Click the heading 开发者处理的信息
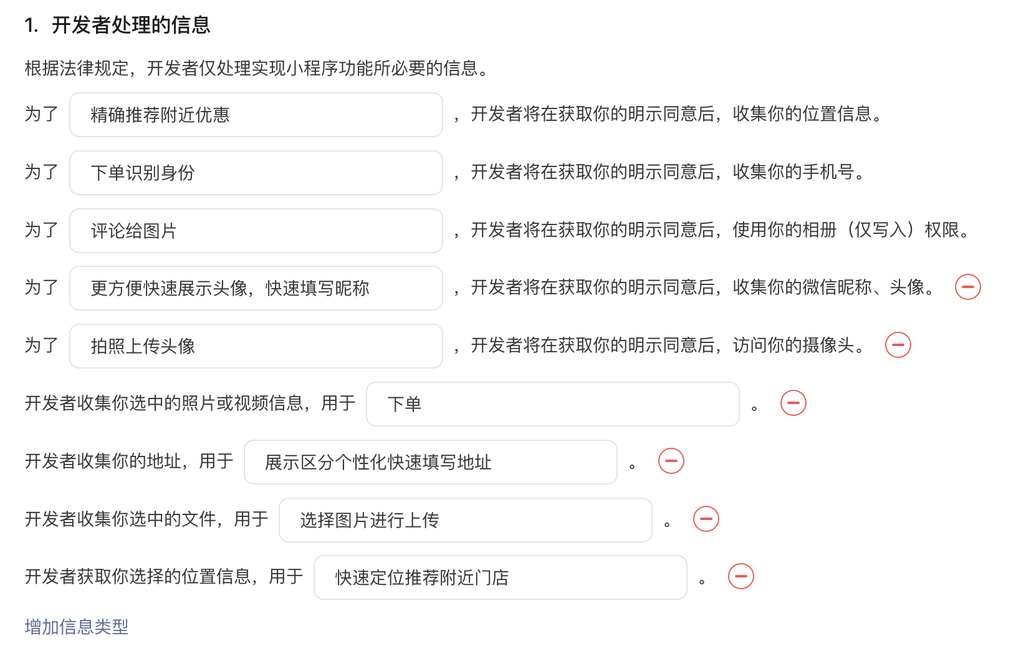131,25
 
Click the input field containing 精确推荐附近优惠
256,115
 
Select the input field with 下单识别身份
256,173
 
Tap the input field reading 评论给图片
256,231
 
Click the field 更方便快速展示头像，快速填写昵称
256,288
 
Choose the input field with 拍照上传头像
256,346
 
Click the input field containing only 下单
552,404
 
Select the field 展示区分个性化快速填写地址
430,462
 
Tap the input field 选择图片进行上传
465,520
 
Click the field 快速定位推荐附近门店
500,577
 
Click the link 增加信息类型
77,627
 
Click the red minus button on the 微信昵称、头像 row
968,287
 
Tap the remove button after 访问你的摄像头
898,345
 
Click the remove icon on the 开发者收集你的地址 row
671,461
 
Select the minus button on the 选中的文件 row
706,519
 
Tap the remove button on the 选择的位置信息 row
741,576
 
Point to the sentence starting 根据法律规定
256,68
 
